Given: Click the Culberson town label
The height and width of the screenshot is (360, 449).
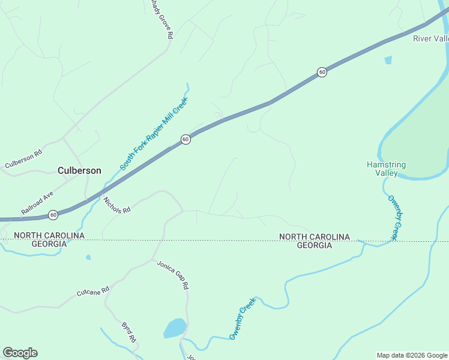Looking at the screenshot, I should click(x=79, y=170).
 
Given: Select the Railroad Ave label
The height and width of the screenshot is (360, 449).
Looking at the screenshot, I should click(x=37, y=203).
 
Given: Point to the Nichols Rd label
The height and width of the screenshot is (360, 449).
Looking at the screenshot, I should click(x=116, y=205).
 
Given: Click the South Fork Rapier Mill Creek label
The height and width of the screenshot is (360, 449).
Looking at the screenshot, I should click(x=154, y=133).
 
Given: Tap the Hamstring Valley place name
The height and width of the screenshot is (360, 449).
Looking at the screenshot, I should click(x=387, y=169).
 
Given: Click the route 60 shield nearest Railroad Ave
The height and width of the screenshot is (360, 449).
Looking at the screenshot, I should click(x=53, y=214).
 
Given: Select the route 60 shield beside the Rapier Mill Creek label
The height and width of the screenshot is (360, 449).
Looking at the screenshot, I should click(x=185, y=139).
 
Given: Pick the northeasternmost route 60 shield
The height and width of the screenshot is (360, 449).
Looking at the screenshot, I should click(x=322, y=72).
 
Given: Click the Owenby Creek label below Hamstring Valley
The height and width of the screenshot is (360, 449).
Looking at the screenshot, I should click(x=393, y=218).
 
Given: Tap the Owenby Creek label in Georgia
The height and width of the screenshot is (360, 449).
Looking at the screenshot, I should click(x=243, y=323).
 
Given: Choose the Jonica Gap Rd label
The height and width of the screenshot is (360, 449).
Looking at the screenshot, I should click(x=173, y=275).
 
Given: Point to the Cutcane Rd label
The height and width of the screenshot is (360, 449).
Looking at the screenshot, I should click(x=92, y=292).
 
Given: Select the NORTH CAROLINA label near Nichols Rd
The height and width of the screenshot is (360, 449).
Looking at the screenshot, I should click(x=49, y=235).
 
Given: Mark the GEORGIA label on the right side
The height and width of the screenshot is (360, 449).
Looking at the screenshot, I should click(x=314, y=246).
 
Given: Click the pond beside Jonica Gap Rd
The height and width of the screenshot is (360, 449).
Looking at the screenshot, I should click(x=175, y=328).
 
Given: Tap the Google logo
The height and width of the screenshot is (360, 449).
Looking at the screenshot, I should click(x=20, y=353).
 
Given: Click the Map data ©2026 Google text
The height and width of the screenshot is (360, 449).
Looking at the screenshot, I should click(x=412, y=355).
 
